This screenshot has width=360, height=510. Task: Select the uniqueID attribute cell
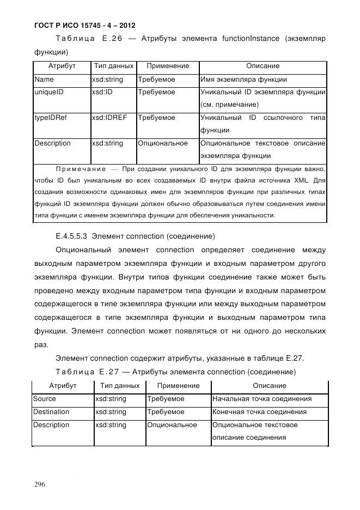pos(49,92)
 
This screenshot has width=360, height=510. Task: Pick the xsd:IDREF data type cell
pos(109,118)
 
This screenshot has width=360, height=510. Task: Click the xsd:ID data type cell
pos(102,92)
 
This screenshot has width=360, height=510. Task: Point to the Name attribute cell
pos(44,80)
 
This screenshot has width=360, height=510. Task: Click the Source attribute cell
pos(45,399)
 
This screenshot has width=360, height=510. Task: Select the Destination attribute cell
pos(51,412)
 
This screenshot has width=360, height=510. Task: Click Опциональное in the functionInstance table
pos(163,143)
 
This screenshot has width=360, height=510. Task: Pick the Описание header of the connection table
pos(269,386)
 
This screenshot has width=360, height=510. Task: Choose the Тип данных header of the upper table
pos(113,66)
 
